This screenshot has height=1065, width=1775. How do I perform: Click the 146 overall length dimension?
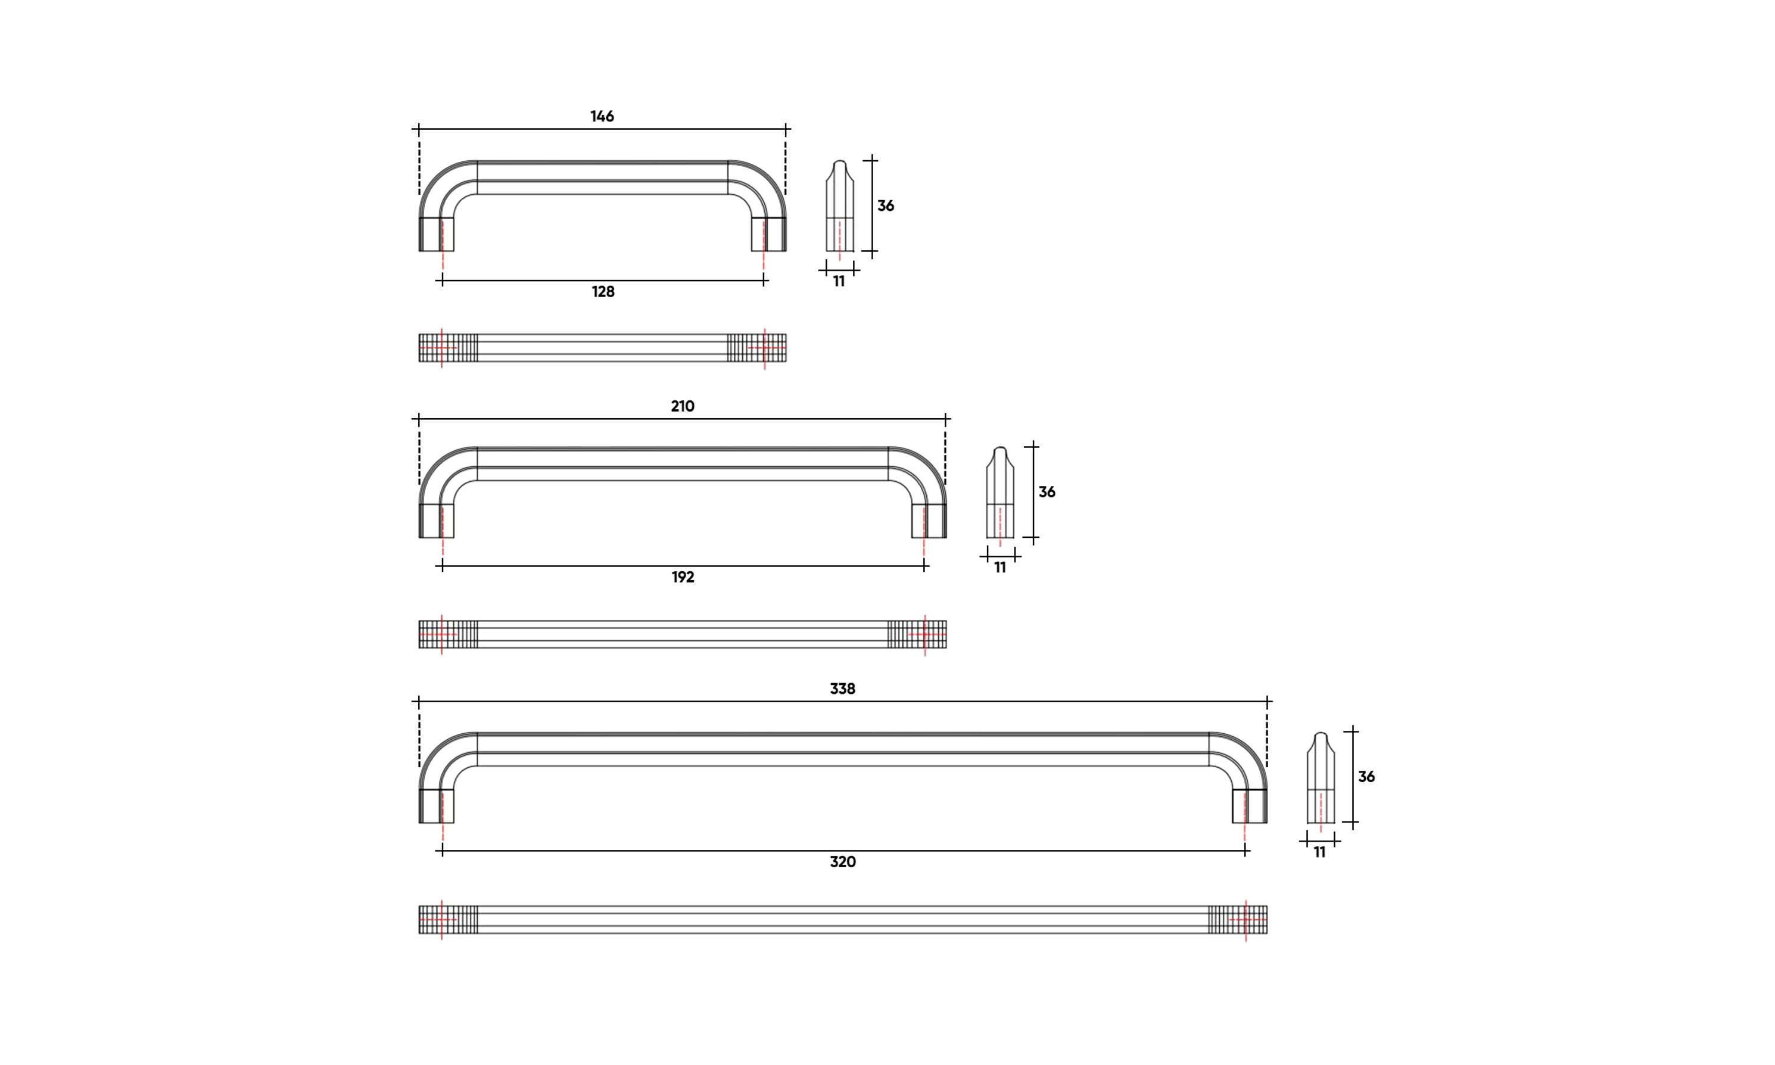click(602, 116)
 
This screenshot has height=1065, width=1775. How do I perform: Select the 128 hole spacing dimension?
click(603, 291)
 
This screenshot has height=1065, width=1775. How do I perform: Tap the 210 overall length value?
click(683, 406)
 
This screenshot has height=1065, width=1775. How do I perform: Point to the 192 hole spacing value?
click(683, 577)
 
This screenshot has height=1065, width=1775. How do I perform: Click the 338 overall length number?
click(842, 689)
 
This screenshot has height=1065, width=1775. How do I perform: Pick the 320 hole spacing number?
click(842, 862)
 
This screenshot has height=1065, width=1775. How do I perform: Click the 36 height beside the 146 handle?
click(885, 206)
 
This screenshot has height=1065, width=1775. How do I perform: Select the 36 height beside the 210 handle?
click(1047, 493)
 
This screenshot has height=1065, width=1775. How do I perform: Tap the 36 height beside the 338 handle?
click(1366, 777)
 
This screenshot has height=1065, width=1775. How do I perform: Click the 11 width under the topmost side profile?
click(839, 281)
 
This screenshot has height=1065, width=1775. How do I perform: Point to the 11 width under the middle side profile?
click(1000, 568)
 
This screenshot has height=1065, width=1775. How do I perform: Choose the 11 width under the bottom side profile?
click(1319, 852)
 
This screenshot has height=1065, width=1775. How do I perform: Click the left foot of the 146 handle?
click(436, 234)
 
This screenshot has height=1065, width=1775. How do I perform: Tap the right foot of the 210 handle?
click(929, 521)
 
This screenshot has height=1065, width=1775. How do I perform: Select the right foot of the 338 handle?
click(1250, 806)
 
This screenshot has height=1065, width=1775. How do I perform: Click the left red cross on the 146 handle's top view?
click(441, 348)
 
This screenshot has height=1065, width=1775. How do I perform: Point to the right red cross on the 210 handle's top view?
click(925, 634)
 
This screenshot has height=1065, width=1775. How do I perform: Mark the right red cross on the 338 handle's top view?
click(1245, 919)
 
